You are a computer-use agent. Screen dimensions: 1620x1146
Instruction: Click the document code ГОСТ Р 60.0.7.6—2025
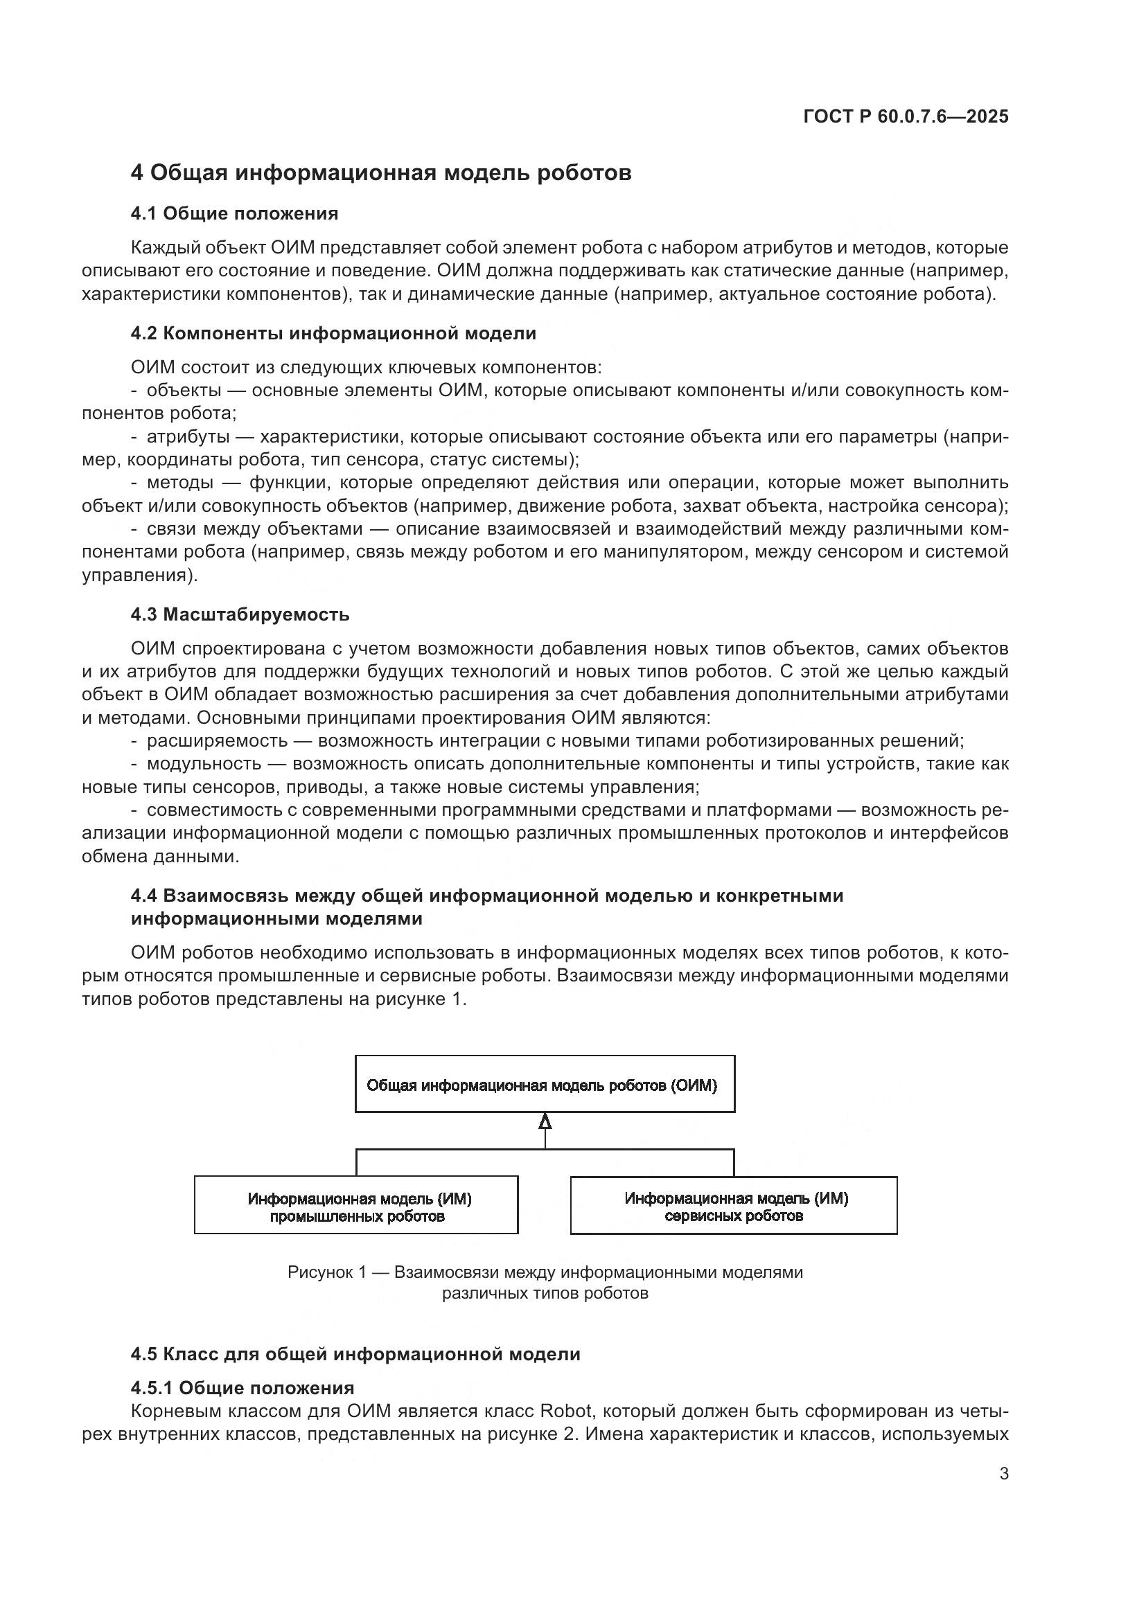point(906,116)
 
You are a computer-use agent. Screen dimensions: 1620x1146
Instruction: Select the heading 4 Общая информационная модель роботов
point(381,173)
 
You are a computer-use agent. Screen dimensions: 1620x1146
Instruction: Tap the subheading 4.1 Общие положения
point(234,214)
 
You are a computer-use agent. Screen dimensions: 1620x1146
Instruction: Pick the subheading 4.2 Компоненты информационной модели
point(333,333)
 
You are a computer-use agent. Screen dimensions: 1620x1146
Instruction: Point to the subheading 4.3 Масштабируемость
point(240,614)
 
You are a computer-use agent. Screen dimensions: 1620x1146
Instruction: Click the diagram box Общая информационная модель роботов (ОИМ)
point(545,1085)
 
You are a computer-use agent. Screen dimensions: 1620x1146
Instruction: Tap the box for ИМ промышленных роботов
point(356,1207)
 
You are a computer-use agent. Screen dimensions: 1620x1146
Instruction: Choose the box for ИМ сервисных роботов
point(733,1207)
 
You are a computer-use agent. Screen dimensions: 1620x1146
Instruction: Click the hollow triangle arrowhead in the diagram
point(545,1121)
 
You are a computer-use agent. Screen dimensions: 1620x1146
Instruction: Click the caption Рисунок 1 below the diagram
point(545,1272)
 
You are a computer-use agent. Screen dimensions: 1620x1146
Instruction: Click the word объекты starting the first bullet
point(184,390)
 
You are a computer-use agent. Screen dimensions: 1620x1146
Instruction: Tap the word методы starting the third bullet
point(181,483)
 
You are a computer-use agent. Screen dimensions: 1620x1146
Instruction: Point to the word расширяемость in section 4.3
point(218,740)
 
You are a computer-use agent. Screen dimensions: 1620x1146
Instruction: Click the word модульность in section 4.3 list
point(204,763)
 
